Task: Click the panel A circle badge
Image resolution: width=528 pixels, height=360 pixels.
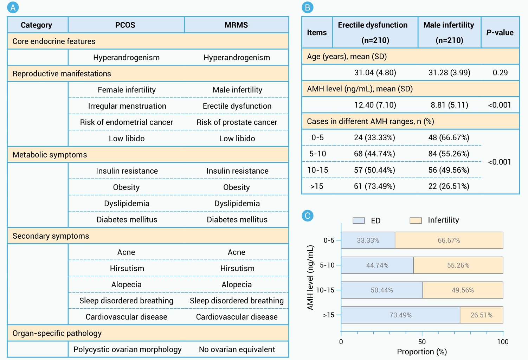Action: click(x=13, y=7)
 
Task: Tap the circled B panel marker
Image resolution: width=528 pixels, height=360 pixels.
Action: click(x=307, y=7)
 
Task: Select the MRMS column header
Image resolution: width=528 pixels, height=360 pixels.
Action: click(x=236, y=25)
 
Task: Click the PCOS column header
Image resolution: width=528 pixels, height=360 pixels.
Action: click(x=125, y=25)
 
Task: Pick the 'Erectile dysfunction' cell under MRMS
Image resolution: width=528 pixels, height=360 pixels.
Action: click(x=237, y=106)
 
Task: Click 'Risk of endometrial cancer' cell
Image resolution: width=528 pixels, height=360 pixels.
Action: click(x=126, y=122)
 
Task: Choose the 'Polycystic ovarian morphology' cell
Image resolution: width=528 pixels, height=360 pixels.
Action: click(x=127, y=349)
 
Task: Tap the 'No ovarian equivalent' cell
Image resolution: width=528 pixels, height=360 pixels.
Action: click(x=237, y=349)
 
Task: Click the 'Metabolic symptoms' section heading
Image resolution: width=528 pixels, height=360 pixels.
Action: click(x=50, y=155)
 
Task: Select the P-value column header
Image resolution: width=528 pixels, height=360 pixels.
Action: click(x=500, y=33)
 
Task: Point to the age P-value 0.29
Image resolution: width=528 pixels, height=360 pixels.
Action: click(x=500, y=73)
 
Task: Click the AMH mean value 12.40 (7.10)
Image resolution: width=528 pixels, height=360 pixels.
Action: click(x=375, y=105)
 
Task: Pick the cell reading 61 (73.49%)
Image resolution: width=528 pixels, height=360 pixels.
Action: click(x=374, y=186)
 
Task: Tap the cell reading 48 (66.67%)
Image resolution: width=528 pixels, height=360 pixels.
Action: click(x=449, y=137)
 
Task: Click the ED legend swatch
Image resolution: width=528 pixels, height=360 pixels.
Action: click(x=359, y=221)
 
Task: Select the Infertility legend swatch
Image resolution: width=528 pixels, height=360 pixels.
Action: click(x=416, y=221)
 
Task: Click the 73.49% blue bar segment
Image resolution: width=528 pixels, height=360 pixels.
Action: click(x=400, y=315)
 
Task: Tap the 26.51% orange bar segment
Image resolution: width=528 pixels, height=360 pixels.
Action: click(x=482, y=315)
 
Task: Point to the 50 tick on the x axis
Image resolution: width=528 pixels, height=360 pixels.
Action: click(x=422, y=334)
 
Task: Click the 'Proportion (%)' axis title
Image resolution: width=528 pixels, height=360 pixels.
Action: click(x=422, y=352)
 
